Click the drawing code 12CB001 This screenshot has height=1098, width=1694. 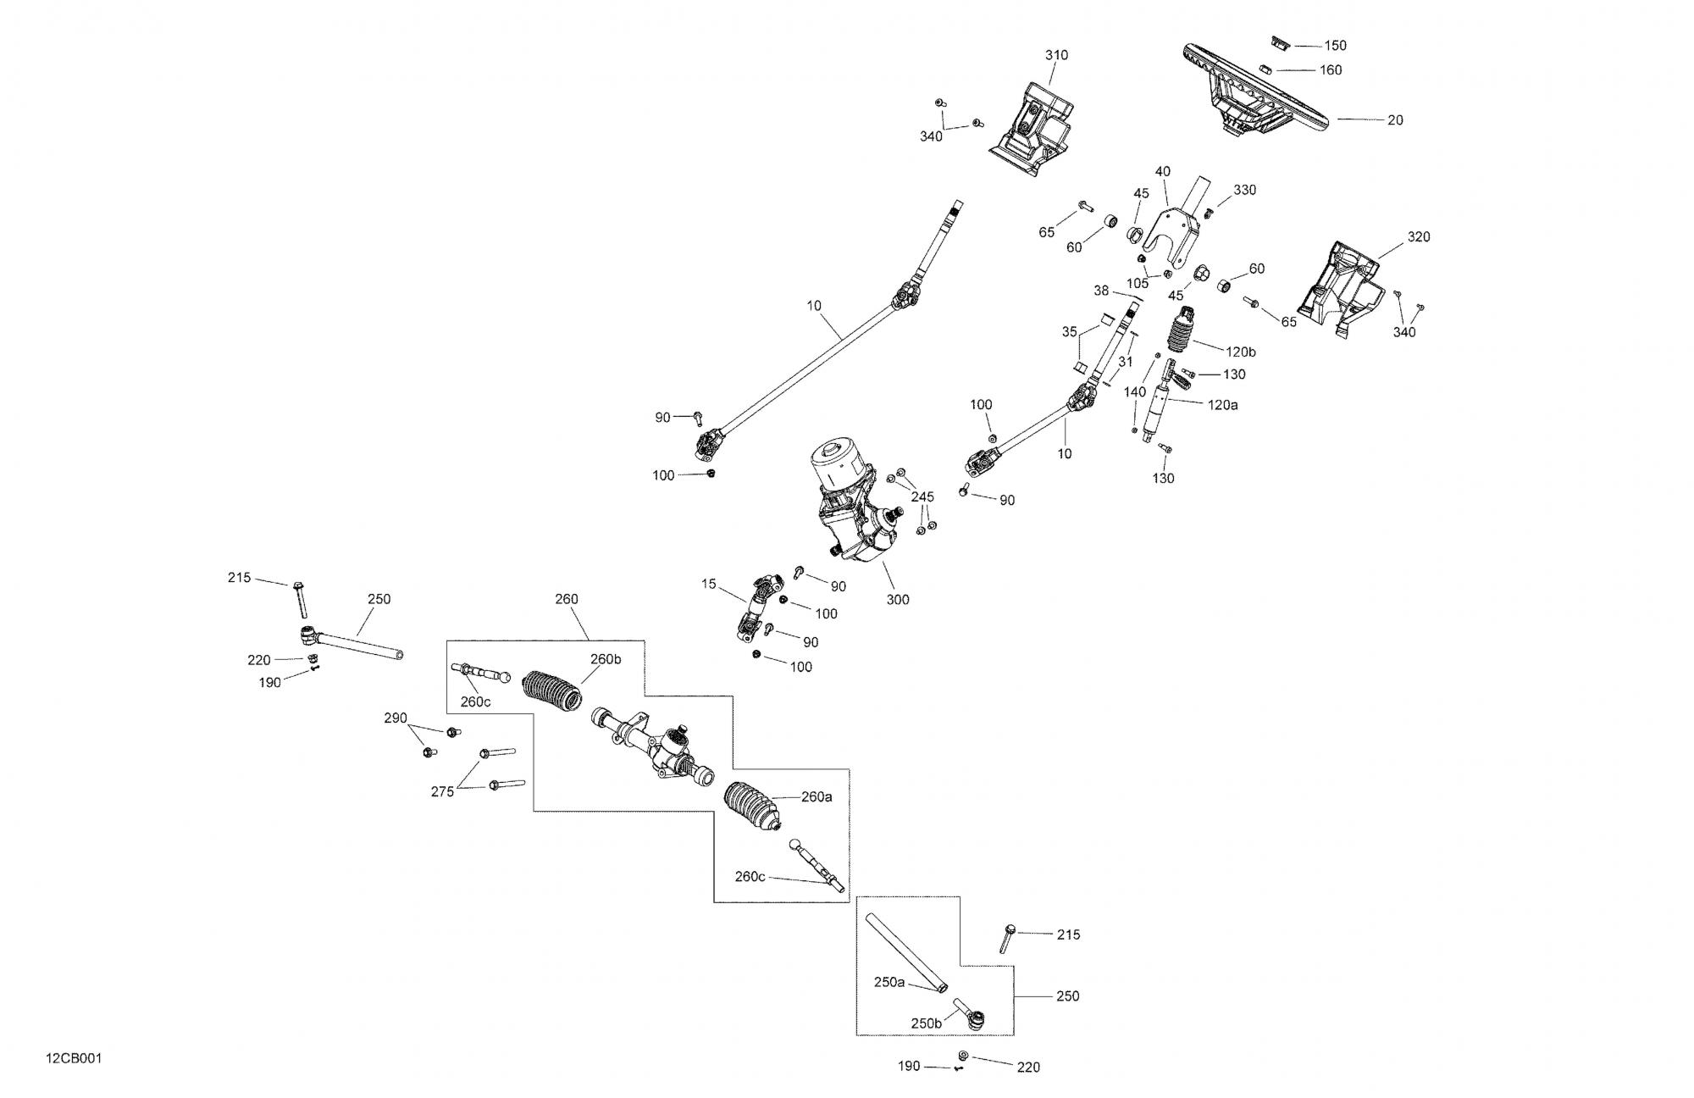pyautogui.click(x=75, y=1059)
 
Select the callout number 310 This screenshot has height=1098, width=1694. pyautogui.click(x=1056, y=55)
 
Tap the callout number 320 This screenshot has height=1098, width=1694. pyautogui.click(x=1418, y=237)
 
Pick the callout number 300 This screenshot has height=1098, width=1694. pyautogui.click(x=898, y=600)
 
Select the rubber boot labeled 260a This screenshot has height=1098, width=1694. pyautogui.click(x=754, y=805)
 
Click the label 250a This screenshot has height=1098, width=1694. pyautogui.click(x=889, y=983)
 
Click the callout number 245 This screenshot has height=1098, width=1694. pyautogui.click(x=922, y=497)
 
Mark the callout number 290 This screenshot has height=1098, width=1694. pyautogui.click(x=396, y=718)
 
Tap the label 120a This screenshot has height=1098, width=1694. pyautogui.click(x=1222, y=406)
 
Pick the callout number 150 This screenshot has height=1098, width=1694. pyautogui.click(x=1335, y=46)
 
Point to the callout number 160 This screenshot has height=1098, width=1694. pyautogui.click(x=1331, y=70)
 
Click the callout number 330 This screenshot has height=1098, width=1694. pyautogui.click(x=1244, y=191)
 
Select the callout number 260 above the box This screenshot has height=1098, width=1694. pyautogui.click(x=566, y=600)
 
